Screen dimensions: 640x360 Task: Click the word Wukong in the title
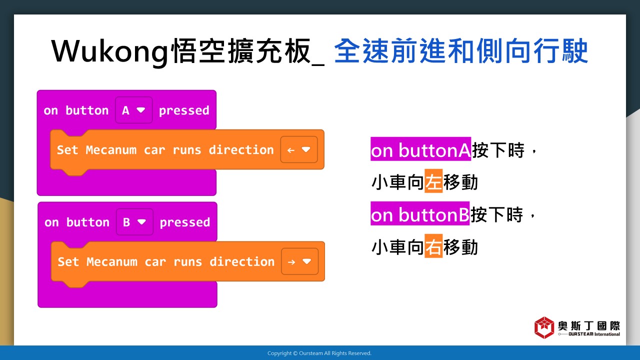tap(109, 52)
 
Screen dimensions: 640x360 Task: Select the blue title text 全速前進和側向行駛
tap(461, 51)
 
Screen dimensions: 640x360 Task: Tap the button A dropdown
tap(133, 110)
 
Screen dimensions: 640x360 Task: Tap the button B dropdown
tap(134, 222)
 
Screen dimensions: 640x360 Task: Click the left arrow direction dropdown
tap(299, 149)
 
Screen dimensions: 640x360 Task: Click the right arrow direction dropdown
tap(299, 261)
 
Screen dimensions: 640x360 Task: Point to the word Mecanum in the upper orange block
tap(111, 150)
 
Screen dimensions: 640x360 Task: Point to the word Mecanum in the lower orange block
tap(112, 261)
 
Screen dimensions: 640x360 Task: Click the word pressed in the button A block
tap(184, 111)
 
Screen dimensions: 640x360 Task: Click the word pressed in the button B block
tap(185, 222)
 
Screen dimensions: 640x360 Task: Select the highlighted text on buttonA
tap(420, 149)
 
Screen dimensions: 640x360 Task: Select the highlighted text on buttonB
tap(420, 213)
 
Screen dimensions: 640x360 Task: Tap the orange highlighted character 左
tap(433, 181)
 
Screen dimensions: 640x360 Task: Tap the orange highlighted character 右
tap(433, 246)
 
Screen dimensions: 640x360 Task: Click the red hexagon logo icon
tap(544, 327)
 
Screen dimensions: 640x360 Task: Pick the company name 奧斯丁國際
tap(589, 325)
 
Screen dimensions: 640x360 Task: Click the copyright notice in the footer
tap(319, 353)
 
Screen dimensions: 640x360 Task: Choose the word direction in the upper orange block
tap(241, 150)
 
